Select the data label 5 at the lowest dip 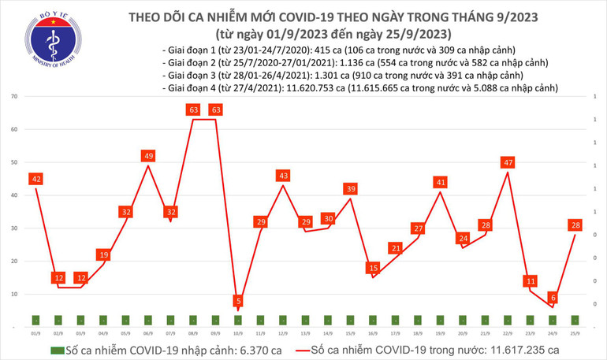[239, 301]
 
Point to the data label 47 [507, 163]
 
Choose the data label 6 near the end [552, 298]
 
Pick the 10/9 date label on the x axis [237, 334]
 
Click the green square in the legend [54, 349]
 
